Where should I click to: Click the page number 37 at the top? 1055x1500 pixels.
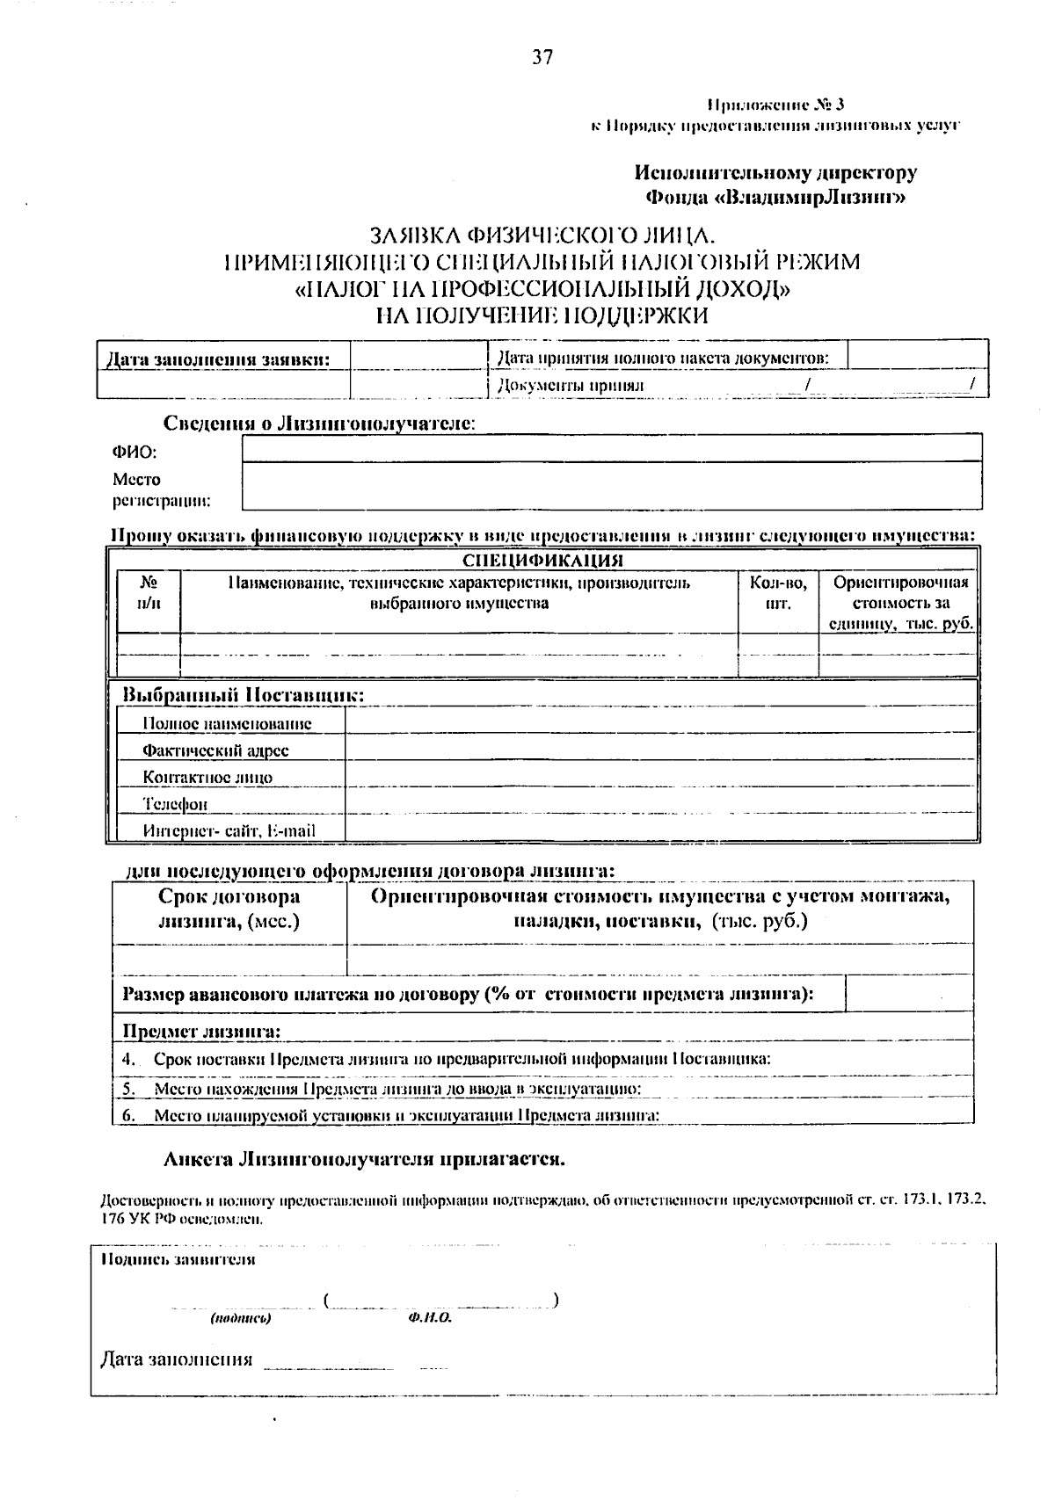[542, 58]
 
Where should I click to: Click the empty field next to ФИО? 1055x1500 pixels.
[611, 448]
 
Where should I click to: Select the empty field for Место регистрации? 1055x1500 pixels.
[611, 487]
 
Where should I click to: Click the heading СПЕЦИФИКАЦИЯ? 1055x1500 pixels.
[542, 561]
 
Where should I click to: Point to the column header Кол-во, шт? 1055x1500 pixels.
[778, 593]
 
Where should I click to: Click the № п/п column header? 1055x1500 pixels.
[149, 593]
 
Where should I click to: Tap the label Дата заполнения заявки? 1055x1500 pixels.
[218, 359]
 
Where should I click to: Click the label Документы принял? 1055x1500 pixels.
[571, 385]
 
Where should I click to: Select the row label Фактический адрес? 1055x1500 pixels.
[215, 750]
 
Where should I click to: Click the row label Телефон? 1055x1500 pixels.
[176, 804]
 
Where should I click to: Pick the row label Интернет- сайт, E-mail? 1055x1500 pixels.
[229, 830]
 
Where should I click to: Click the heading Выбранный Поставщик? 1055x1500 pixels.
[243, 695]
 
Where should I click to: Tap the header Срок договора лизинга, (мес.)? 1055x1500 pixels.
[229, 909]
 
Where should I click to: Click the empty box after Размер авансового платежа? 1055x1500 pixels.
[908, 994]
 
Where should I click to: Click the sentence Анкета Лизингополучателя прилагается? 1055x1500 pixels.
[364, 1159]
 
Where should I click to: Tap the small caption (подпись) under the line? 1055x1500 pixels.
[240, 1319]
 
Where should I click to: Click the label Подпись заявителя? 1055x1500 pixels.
[178, 1259]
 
